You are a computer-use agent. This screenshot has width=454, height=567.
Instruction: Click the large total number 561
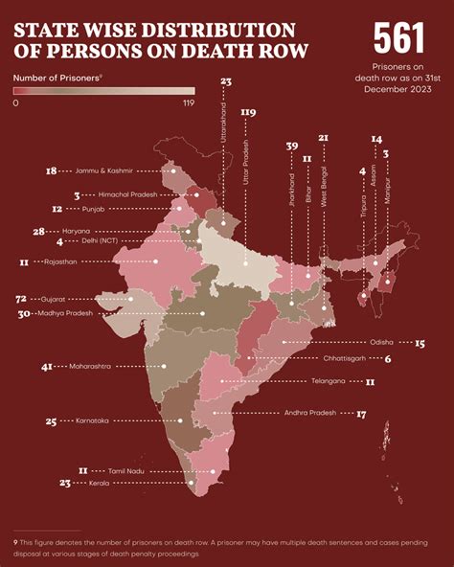tap(397, 37)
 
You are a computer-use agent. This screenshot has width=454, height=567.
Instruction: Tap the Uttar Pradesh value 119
tap(248, 112)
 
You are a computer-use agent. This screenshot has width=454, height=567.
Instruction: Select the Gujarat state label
tap(53, 299)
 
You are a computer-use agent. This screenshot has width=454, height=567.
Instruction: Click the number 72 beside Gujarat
tap(21, 299)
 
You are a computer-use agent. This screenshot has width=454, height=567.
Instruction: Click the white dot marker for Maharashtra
tap(164, 366)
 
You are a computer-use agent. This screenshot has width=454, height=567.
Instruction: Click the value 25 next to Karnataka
tap(51, 420)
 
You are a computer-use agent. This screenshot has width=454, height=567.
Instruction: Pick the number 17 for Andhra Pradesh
tap(361, 414)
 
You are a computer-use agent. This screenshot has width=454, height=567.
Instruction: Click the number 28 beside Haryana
tap(38, 231)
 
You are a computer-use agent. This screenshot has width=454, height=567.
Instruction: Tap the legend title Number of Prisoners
tap(57, 75)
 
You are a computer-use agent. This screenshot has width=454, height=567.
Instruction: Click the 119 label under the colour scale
tap(187, 102)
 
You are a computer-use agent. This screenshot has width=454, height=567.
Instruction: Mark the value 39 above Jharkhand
tap(292, 146)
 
